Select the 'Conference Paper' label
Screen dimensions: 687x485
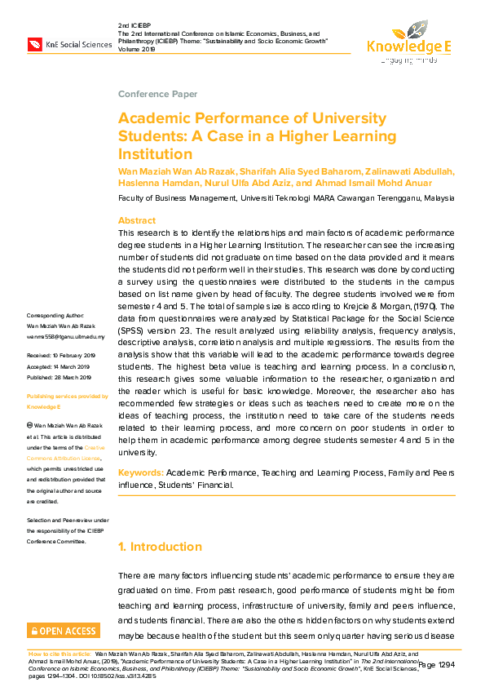pos(157,95)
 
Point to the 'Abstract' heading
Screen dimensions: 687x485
pos(137,221)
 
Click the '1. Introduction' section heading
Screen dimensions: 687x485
pos(161,547)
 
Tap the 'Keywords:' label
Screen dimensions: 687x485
pos(141,473)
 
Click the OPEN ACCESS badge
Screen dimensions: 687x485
pos(64,631)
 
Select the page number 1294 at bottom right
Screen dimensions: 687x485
pos(439,666)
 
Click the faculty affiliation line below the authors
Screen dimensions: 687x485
pos(286,198)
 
